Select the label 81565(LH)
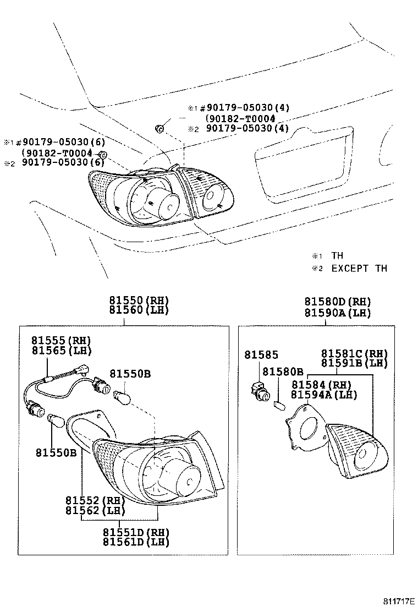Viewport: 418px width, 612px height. click(61, 351)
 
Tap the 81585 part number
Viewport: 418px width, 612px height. click(262, 356)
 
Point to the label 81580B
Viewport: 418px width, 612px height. click(283, 372)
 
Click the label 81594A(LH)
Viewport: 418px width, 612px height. click(324, 395)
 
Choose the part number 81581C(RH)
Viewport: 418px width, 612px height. click(354, 353)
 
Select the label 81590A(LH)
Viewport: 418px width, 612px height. click(338, 313)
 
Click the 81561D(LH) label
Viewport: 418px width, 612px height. click(136, 542)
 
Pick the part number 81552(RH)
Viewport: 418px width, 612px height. click(92, 500)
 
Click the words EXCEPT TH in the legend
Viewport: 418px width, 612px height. click(359, 269)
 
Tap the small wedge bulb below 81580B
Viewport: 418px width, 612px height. click(278, 406)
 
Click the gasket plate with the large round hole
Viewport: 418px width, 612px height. click(306, 427)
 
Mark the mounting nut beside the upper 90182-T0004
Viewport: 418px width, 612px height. click(159, 129)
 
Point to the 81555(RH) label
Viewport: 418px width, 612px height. click(61, 341)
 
